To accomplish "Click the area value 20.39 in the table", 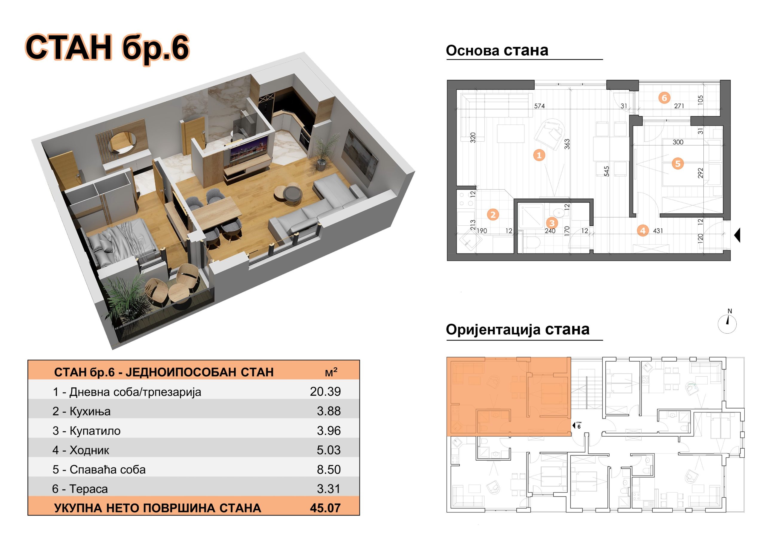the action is pos(325,392).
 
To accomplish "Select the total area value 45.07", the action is pos(325,508).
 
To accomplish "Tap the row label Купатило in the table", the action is pos(95,431).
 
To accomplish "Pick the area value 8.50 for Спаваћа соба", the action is pos(328,469).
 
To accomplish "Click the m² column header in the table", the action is pos(331,372).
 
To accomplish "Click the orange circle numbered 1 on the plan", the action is pos(539,155).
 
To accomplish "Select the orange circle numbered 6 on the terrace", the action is pos(664,98).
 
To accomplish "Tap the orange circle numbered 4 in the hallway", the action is pos(643,230).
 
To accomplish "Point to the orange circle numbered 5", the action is pos(678,164).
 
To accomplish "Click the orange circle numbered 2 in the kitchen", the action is pos(493,214).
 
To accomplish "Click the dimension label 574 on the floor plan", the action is pos(539,106).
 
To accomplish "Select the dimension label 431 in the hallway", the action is pos(658,231).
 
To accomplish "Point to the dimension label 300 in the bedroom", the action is pos(678,142).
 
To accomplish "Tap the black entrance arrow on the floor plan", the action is pos(737,235).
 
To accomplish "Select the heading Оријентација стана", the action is pos(518,330).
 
